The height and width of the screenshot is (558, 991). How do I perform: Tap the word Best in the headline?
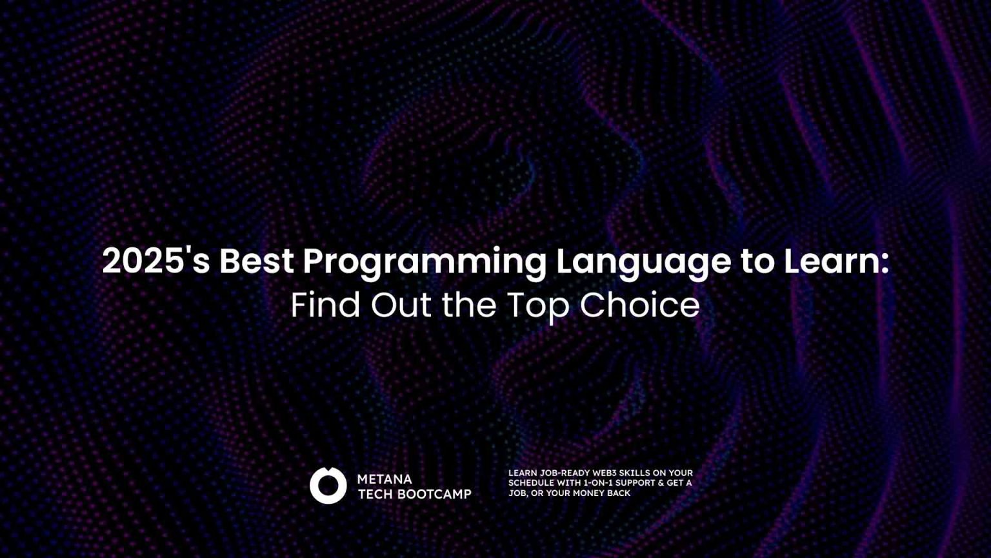pyautogui.click(x=256, y=261)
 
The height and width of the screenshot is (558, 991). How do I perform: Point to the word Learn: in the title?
pyautogui.click(x=836, y=261)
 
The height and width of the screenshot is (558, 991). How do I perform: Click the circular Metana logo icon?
pyautogui.click(x=328, y=486)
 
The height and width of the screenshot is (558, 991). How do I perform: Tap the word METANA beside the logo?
pyautogui.click(x=385, y=479)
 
